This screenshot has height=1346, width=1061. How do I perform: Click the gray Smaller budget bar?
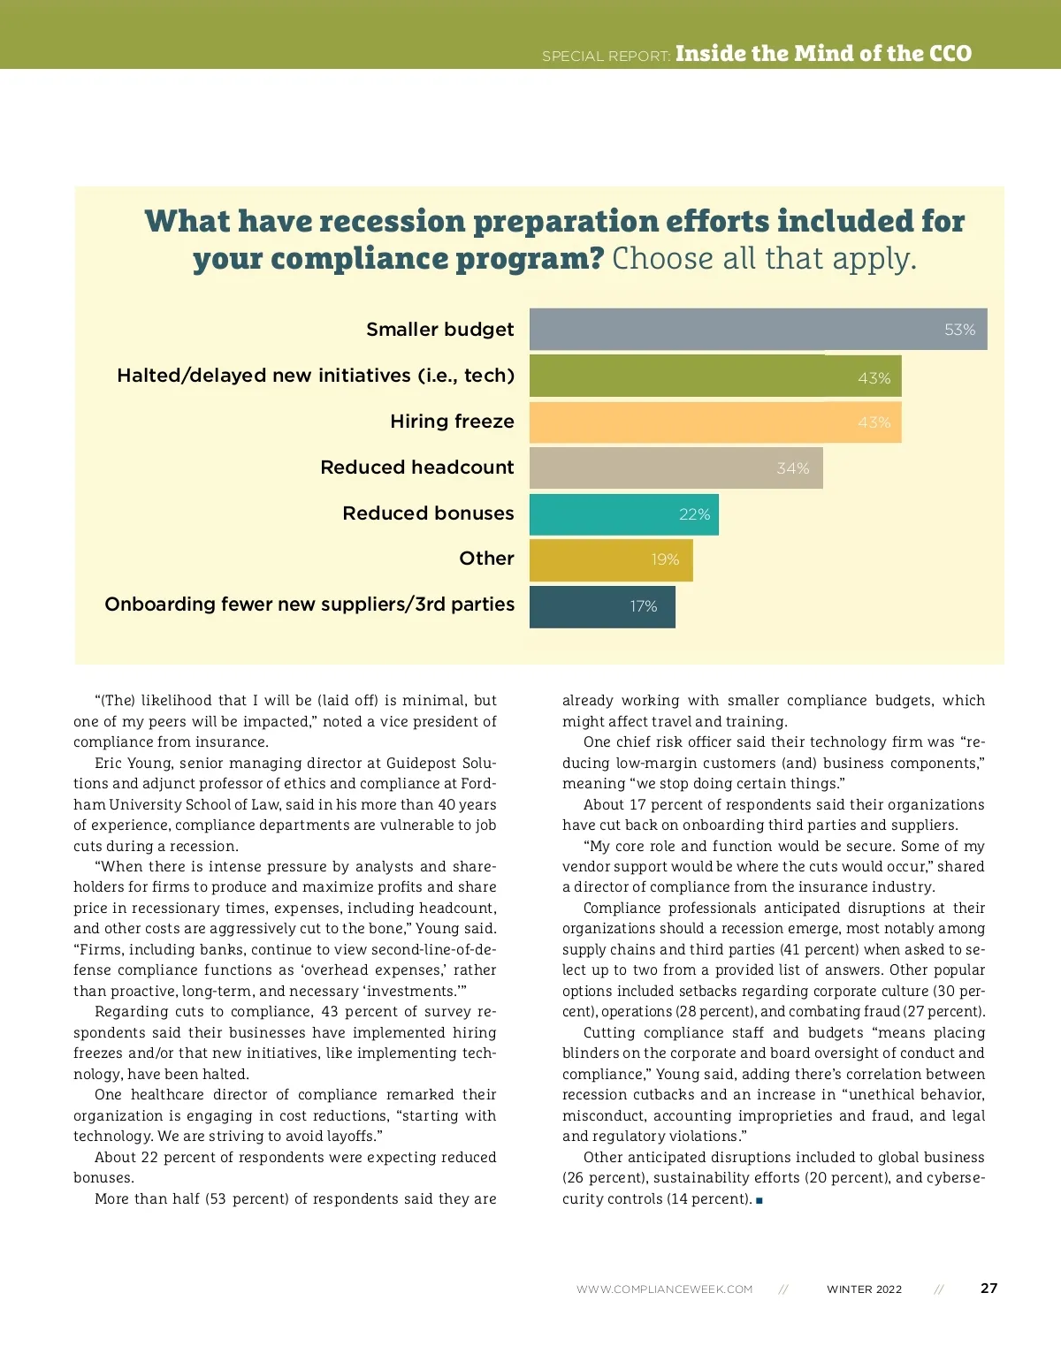pos(758,330)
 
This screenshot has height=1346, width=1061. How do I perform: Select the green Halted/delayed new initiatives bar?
pos(715,376)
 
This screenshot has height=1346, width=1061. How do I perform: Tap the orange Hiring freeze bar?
pos(715,422)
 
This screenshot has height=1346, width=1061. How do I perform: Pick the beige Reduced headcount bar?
pos(676,468)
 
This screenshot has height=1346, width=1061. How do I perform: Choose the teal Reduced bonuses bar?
pos(623,514)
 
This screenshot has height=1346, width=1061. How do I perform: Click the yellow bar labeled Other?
pos(610,559)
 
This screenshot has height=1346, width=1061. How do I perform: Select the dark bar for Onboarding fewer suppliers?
pos(601,606)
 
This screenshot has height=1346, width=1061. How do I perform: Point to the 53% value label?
pos(959,330)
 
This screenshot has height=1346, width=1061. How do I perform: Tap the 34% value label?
pos(792,468)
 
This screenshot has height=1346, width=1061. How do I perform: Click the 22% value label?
pos(694,514)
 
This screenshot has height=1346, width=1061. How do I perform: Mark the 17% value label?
pos(643,606)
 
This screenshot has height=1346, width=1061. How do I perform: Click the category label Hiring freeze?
pos(452,422)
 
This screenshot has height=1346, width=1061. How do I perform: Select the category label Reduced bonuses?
pos(428,513)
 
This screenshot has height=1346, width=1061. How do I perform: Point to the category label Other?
pos(486,559)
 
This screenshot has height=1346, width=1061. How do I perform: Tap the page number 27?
pos(988,1289)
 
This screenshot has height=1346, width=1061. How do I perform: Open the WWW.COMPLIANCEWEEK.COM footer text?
pos(664,1289)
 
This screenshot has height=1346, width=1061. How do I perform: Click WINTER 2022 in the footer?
pos(864,1289)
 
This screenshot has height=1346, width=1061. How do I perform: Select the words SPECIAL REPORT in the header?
pos(606,57)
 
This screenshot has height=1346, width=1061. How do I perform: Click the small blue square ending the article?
pos(759,1200)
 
